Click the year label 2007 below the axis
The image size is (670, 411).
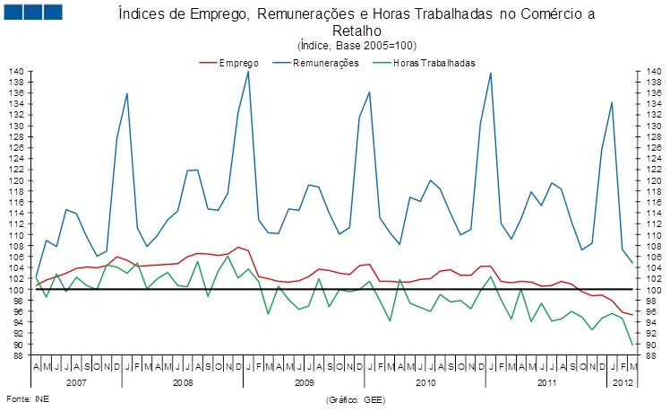(x=77, y=380)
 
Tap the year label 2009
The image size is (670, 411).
(x=304, y=380)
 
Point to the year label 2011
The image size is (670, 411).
(x=545, y=380)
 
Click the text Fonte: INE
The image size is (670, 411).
(x=28, y=398)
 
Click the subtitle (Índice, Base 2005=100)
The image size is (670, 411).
(x=356, y=45)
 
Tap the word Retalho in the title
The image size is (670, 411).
(x=356, y=31)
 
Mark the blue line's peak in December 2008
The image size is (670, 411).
(x=248, y=72)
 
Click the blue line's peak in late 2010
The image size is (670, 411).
(x=491, y=73)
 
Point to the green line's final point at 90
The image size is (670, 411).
(x=633, y=345)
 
